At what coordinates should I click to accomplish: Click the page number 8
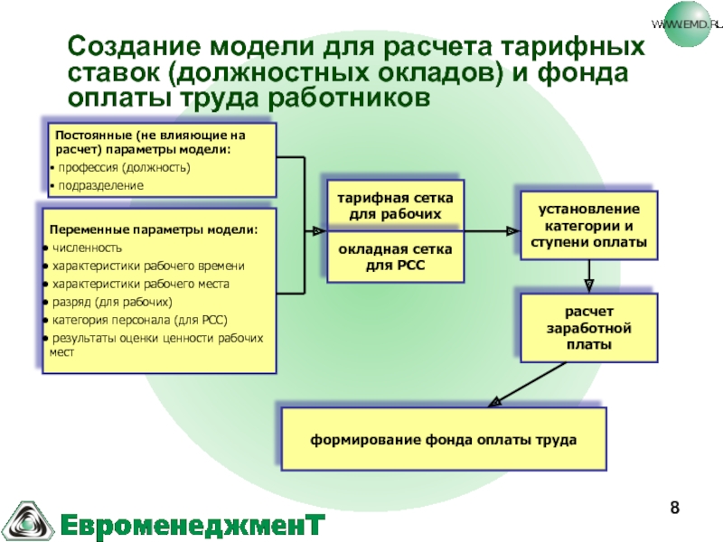tap(673, 511)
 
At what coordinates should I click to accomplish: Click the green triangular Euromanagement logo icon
tap(28, 518)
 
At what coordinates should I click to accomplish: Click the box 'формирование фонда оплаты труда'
tap(443, 440)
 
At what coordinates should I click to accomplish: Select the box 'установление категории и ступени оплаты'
tap(588, 227)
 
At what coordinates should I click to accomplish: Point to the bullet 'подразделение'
tap(99, 185)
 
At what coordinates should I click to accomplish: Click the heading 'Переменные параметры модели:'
tap(153, 229)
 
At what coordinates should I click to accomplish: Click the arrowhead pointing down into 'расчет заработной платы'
tap(589, 281)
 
